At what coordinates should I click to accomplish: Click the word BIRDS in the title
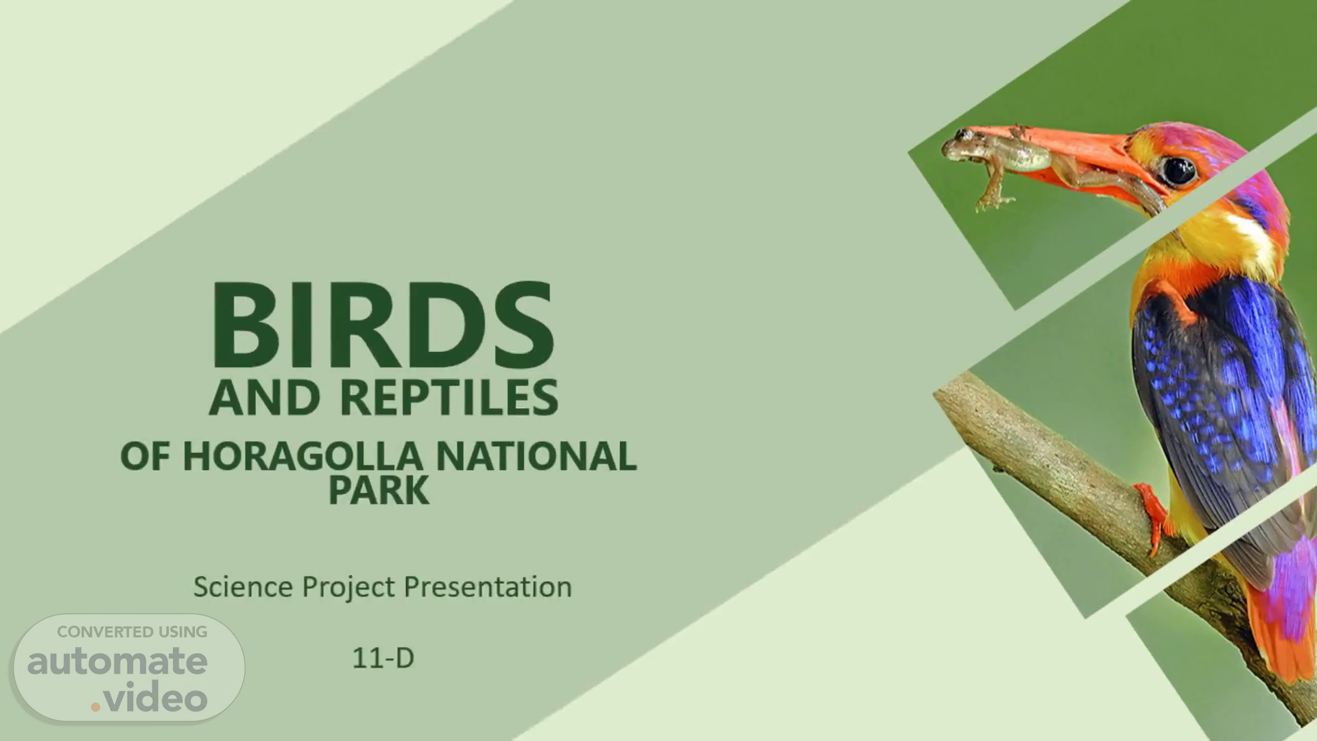click(383, 325)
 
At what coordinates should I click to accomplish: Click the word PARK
click(379, 490)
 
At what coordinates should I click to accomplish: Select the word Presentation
click(488, 587)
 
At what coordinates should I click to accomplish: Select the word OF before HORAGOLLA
click(145, 456)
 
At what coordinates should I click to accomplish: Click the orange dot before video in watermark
click(95, 705)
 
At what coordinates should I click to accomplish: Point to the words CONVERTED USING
click(132, 632)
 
